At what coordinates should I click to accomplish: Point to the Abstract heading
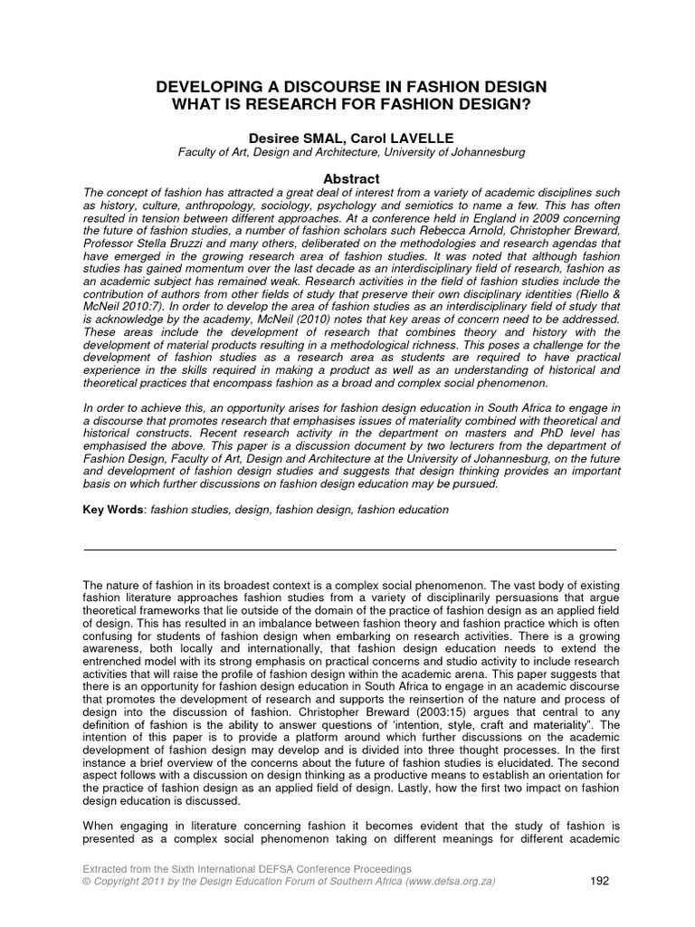[x=348, y=179]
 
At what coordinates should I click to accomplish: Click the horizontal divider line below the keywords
[x=348, y=550]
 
